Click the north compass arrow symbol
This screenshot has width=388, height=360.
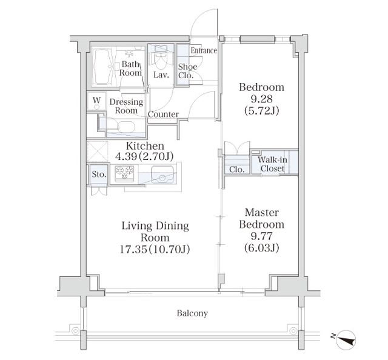347,338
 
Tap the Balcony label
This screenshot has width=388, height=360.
192,313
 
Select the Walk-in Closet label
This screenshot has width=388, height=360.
272,164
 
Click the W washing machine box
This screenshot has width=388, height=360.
97,101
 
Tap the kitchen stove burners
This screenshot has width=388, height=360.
125,172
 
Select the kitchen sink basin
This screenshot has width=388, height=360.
162,175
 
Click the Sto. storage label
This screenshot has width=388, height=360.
99,174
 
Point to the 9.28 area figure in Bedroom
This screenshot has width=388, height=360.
261,99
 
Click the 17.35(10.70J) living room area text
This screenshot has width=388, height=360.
155,250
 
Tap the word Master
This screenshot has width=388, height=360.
261,212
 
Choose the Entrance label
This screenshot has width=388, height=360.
204,50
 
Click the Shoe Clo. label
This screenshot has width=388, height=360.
187,71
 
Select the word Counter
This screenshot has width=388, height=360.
163,115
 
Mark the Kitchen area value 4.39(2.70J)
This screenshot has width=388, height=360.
144,156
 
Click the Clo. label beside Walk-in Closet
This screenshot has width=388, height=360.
236,170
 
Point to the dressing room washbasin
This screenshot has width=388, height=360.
126,127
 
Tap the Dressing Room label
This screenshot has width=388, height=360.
126,106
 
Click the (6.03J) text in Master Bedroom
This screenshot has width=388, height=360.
261,248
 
